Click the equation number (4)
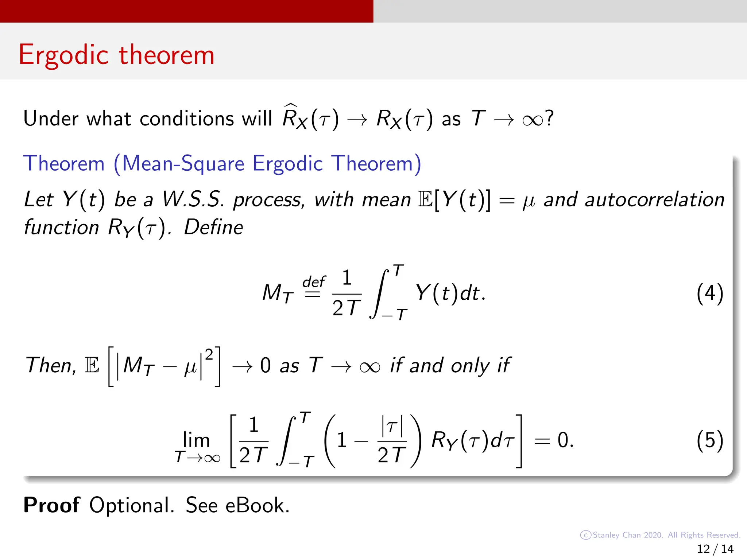point(709,293)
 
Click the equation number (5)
point(709,441)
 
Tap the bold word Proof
point(51,505)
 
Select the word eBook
point(257,505)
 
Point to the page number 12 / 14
point(715,549)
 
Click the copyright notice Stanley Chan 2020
point(627,535)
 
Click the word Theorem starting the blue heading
point(64,163)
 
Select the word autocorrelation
point(654,200)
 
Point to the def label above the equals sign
point(313,282)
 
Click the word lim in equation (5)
point(196,440)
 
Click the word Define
point(213,227)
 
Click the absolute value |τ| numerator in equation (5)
point(392,426)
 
